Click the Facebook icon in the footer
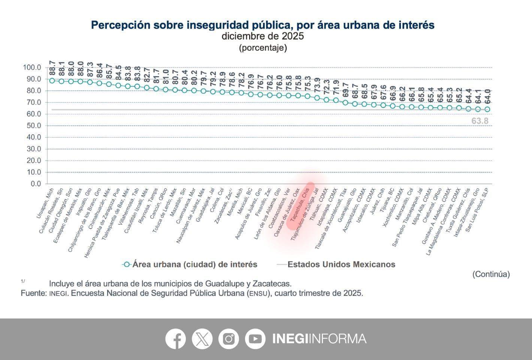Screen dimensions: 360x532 pyautogui.click(x=175, y=339)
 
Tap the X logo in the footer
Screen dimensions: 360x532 pyautogui.click(x=202, y=339)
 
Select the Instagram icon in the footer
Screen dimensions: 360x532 pyautogui.click(x=229, y=339)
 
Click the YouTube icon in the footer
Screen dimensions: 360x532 pyautogui.click(x=255, y=339)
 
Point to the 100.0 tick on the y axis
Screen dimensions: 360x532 pyautogui.click(x=32, y=67)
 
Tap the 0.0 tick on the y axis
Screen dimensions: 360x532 pyautogui.click(x=36, y=184)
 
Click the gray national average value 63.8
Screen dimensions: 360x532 pyautogui.click(x=480, y=121)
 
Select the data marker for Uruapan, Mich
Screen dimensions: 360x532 pyautogui.click(x=52, y=80)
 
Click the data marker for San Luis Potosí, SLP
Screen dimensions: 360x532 pyautogui.click(x=487, y=109)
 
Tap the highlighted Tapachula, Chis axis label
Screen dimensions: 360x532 pyautogui.click(x=300, y=206)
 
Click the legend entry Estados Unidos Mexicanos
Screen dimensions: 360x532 pyautogui.click(x=341, y=264)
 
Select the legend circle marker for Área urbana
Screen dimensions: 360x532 pyautogui.click(x=127, y=264)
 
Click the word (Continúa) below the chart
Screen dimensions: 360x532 pyautogui.click(x=491, y=274)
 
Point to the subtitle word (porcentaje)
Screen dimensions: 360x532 pyautogui.click(x=263, y=48)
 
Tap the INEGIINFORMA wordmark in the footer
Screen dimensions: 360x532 pyautogui.click(x=319, y=339)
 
